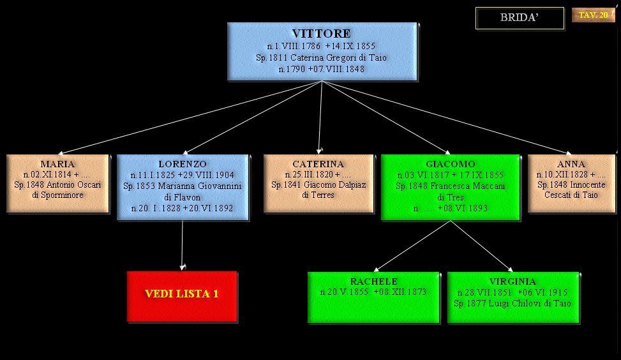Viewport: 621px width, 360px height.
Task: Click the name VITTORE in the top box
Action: (321, 33)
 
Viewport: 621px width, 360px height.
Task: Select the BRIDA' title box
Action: (520, 18)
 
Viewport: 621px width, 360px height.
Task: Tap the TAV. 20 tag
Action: (593, 15)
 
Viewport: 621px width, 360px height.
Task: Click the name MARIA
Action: (57, 164)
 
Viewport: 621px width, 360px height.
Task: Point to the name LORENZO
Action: (183, 164)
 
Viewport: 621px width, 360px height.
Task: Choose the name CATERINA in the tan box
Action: (318, 164)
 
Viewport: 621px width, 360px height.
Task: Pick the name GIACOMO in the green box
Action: (450, 164)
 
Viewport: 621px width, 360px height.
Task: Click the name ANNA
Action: (571, 164)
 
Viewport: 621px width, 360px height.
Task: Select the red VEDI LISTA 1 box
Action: (182, 294)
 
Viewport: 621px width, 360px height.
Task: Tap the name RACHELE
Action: (373, 281)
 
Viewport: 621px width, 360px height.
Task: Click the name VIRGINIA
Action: (513, 281)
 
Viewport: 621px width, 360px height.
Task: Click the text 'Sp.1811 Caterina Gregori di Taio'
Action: (321, 57)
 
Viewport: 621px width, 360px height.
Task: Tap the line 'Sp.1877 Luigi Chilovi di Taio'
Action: (513, 303)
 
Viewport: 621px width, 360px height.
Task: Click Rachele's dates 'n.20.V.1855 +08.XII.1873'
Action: (373, 292)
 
